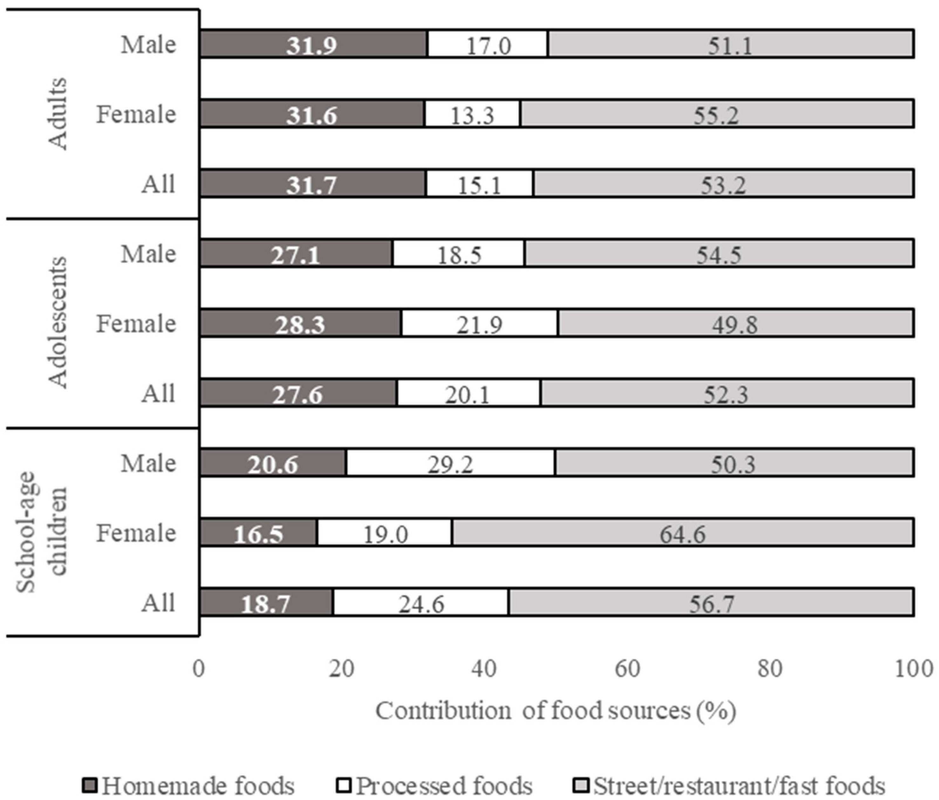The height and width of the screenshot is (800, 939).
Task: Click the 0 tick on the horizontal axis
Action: [198, 669]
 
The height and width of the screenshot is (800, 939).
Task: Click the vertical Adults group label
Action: [58, 113]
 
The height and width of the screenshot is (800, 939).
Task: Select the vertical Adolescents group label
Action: [58, 322]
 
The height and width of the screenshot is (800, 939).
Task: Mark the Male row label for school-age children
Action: [148, 463]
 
